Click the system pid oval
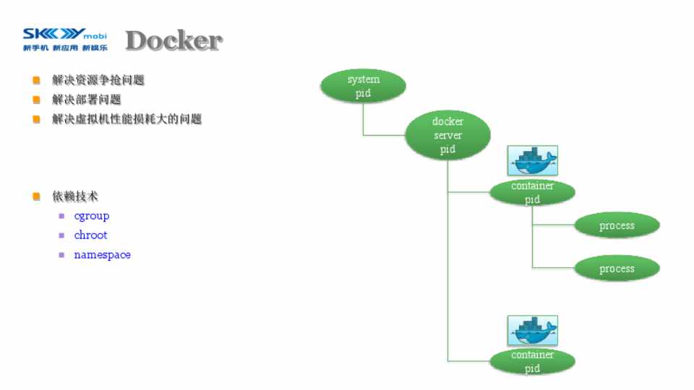363,86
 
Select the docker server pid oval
447,135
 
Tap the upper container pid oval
532,192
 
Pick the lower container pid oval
532,361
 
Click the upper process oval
617,226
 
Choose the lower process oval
617,269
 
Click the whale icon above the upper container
533,160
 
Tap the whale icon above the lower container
533,330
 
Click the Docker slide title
173,41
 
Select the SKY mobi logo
64,34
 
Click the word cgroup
92,216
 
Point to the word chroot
90,235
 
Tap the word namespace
102,255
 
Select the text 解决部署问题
86,100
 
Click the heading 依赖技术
75,196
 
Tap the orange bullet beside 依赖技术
36,196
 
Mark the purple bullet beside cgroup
62,216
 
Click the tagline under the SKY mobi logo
64,48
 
